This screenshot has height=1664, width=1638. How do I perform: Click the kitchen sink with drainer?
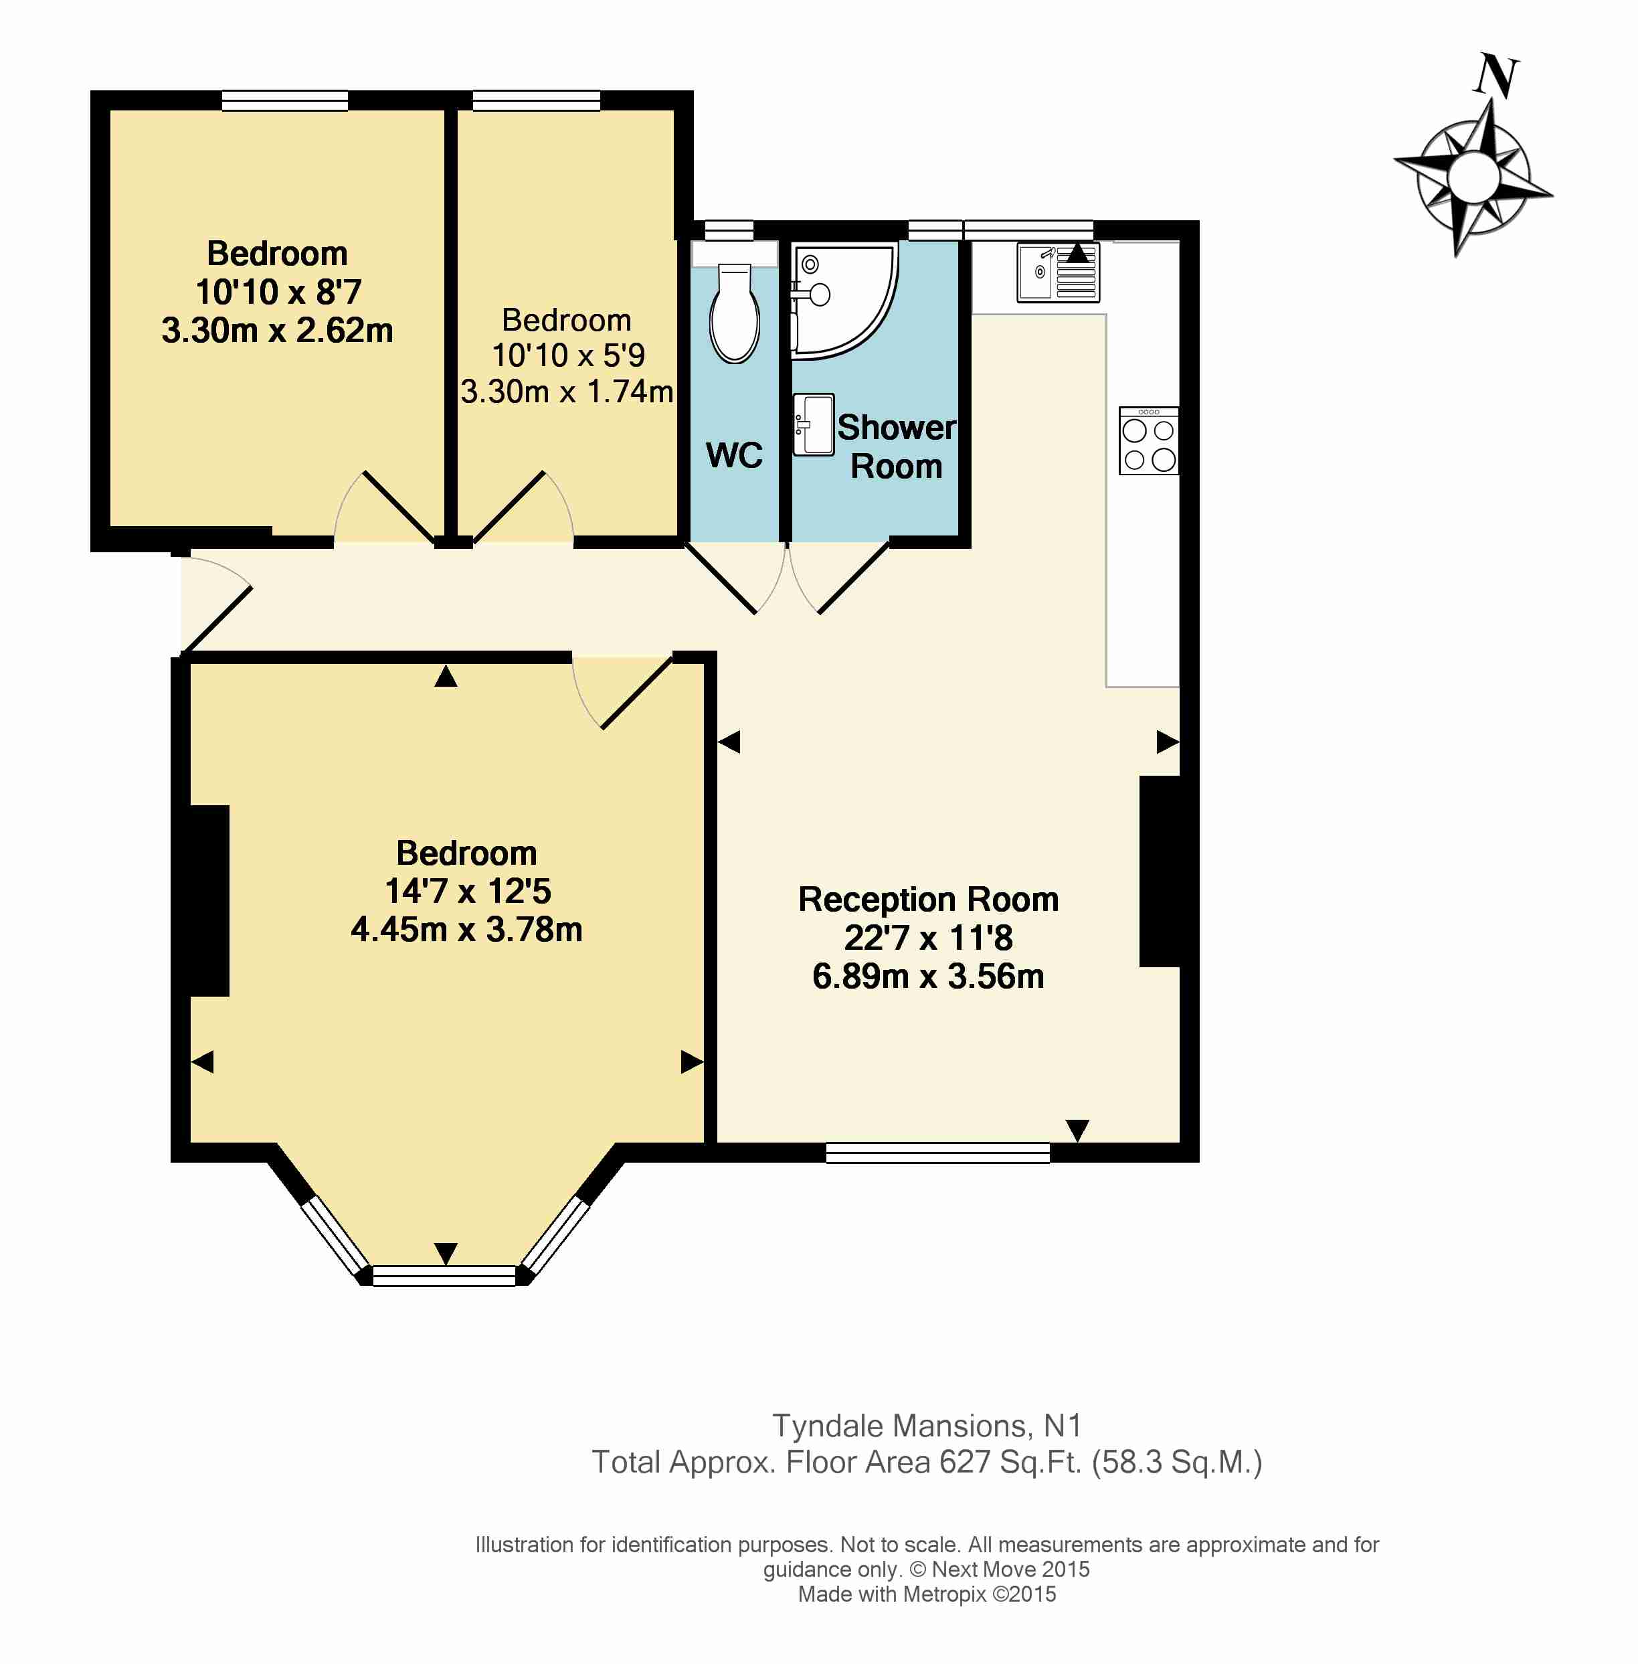[1058, 272]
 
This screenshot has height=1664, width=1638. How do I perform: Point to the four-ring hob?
[1148, 440]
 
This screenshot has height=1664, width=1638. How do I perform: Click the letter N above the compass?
[1497, 76]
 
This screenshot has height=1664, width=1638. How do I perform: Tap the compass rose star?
[1473, 177]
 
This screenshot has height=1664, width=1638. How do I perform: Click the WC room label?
[734, 455]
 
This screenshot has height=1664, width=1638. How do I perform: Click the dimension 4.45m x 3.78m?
[466, 929]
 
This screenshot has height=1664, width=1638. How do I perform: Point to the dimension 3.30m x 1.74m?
[567, 392]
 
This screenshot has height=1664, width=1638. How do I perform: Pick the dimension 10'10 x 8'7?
[278, 292]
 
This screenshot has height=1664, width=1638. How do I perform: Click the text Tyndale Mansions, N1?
[927, 1426]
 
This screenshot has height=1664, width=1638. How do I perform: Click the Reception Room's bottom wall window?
[937, 1153]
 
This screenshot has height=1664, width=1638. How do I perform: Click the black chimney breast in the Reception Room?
[1160, 871]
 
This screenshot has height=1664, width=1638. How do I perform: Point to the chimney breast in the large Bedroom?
[209, 901]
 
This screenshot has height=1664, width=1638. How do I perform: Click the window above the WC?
[729, 230]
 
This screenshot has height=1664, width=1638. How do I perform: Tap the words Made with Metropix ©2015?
[927, 1594]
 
